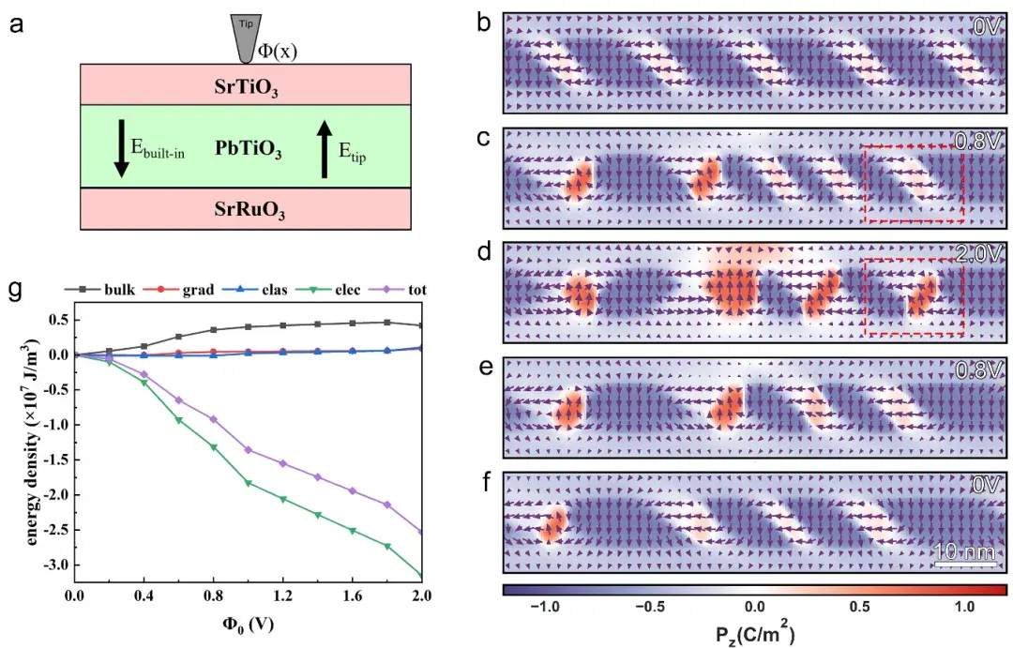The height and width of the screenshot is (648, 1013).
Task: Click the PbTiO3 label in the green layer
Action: click(248, 148)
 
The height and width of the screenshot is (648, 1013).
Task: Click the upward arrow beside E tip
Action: click(325, 148)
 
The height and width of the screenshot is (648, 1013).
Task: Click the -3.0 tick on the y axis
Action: click(58, 565)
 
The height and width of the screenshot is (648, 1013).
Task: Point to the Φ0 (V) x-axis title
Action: click(248, 623)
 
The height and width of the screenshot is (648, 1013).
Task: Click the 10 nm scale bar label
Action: click(965, 552)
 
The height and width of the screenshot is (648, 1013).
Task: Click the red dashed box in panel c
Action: click(914, 184)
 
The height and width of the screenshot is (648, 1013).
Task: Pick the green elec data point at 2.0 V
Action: click(421, 576)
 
